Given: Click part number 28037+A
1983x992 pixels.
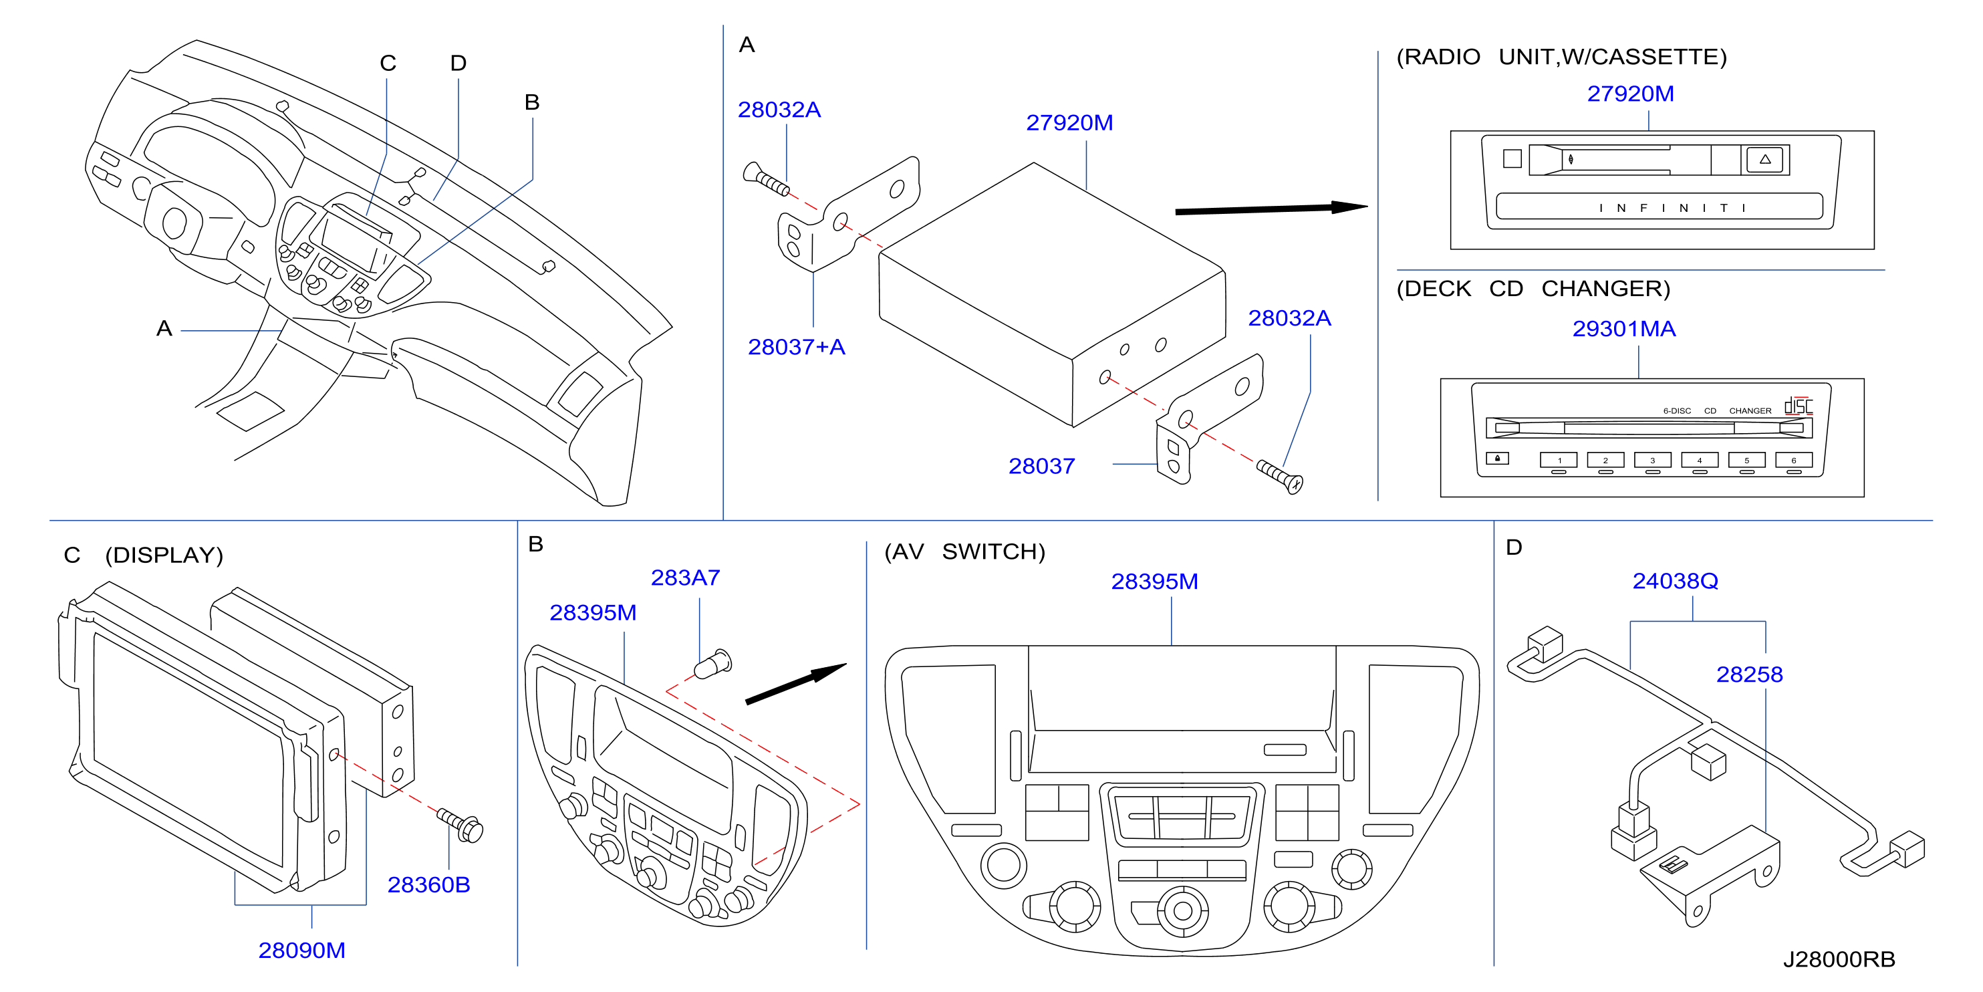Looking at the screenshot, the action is point(796,348).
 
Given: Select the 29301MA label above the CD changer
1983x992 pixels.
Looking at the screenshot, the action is point(1623,329).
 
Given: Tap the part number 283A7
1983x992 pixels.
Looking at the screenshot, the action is point(685,578).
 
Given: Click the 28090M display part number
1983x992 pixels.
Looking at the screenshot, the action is point(302,951).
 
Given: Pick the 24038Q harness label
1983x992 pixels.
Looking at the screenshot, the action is point(1675,581).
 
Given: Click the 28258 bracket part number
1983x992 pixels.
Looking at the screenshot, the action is point(1749,674).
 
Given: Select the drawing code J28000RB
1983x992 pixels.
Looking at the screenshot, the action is point(1839,960).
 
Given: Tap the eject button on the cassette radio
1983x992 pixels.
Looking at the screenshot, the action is point(1765,159).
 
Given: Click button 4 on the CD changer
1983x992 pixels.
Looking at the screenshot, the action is point(1700,460).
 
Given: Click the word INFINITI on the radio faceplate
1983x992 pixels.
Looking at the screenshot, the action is point(1672,208).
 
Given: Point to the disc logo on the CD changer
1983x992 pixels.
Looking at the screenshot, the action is point(1799,406).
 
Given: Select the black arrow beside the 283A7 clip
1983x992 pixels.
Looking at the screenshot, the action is point(796,683).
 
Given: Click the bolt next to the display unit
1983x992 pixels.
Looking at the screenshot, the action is point(460,824).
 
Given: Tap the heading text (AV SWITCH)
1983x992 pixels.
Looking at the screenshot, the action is point(964,552).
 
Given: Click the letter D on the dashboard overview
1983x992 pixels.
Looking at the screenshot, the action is point(458,63).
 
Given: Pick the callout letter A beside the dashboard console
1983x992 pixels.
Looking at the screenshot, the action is point(163,329).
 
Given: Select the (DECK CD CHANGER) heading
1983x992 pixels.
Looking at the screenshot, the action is point(1533,289).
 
